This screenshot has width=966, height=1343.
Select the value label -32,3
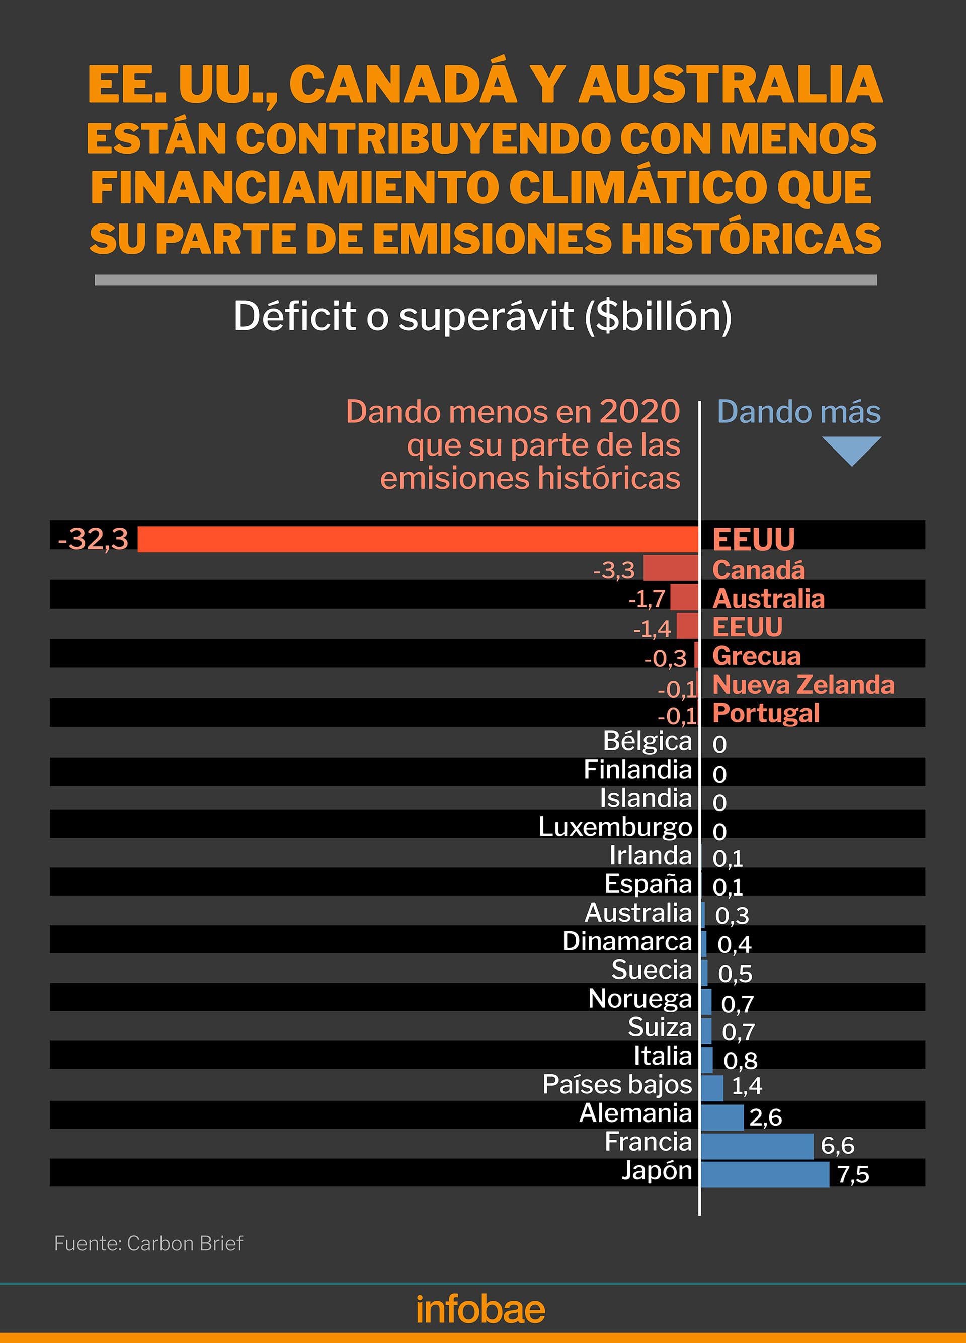point(93,539)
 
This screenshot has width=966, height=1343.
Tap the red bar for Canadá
point(671,568)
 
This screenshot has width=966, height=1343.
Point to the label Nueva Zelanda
point(803,685)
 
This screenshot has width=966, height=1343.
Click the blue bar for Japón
point(764,1174)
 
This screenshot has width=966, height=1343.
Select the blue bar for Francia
point(757,1146)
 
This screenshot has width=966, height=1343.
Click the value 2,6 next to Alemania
point(765,1117)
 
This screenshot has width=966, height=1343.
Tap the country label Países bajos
point(617,1084)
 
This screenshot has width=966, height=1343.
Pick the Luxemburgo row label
point(615,827)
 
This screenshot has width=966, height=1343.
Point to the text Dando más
point(798,412)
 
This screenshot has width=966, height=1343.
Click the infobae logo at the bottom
point(480,1309)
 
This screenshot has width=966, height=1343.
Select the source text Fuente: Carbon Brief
point(148,1243)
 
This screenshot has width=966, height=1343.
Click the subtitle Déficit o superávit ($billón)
point(482,316)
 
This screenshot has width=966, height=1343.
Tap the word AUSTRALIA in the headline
point(730,84)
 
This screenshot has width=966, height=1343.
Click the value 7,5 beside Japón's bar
point(853,1175)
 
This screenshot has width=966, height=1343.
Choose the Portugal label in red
point(766,713)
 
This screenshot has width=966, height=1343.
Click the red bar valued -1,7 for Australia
point(684,597)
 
